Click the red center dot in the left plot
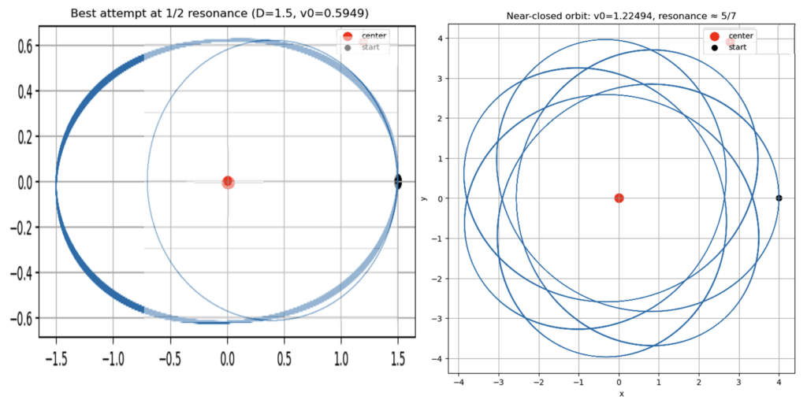tap(228, 182)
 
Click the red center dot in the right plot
tap(619, 198)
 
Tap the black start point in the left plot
tap(398, 182)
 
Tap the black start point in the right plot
tap(779, 198)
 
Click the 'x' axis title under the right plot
tap(620, 393)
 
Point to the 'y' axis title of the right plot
tap(425, 198)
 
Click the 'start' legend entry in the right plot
tap(738, 47)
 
